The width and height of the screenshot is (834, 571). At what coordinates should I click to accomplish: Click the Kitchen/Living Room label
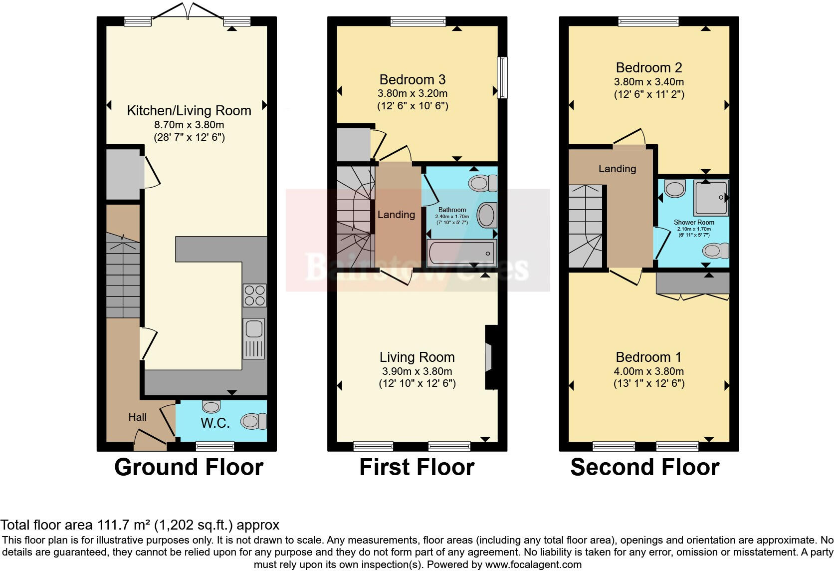point(189,111)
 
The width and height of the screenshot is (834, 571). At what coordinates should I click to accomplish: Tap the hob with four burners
point(254,295)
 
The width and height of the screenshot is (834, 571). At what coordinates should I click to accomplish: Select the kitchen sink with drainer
point(254,338)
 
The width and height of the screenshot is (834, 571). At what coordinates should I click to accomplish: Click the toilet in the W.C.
point(254,421)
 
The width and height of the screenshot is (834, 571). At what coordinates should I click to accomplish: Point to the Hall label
point(138,417)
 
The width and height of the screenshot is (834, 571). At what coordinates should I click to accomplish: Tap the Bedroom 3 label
point(412,80)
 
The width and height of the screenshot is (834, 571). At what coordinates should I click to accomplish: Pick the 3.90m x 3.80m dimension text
point(417,371)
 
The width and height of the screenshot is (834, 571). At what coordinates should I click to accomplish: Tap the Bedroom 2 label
point(648,68)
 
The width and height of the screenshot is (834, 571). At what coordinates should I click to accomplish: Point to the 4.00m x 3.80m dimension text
point(648,371)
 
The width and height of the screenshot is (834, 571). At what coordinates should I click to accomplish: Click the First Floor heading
point(417,468)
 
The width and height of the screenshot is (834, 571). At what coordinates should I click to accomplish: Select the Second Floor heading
point(644,468)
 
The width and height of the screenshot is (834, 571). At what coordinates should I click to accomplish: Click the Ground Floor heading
point(189,468)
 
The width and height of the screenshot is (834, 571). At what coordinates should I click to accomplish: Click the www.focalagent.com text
point(533,565)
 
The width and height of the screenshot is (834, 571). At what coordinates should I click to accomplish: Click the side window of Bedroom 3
point(503,77)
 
